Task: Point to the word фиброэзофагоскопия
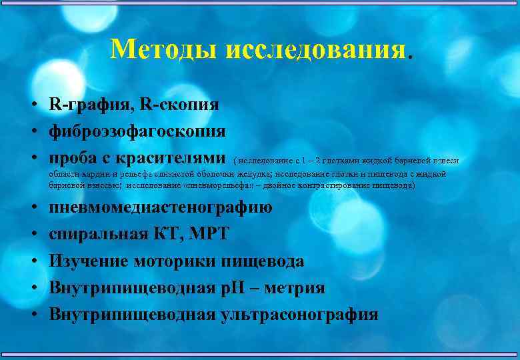[137, 131]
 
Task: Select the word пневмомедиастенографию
[161, 207]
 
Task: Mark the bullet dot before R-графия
[32, 105]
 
